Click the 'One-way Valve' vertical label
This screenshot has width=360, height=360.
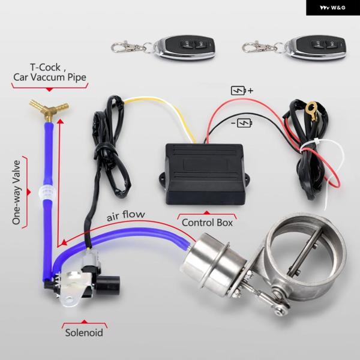tap(17, 191)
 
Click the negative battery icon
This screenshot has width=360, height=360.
tap(243, 123)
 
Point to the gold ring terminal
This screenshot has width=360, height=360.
tap(310, 110)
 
